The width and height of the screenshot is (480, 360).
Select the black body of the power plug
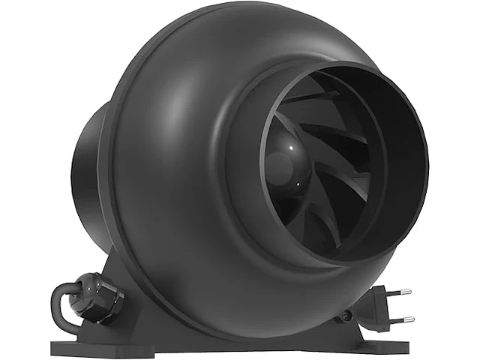379,304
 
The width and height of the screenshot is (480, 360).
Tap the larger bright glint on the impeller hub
279,160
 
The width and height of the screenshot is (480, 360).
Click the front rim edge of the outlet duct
425,161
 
